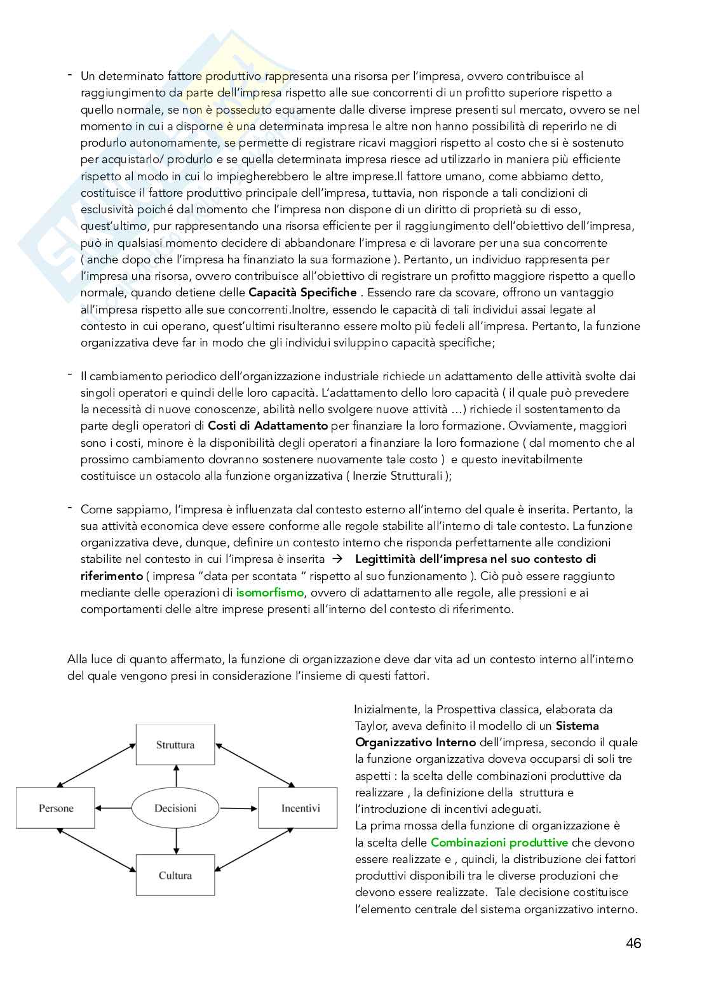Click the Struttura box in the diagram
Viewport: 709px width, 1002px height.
175,745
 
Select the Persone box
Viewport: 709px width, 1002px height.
56,808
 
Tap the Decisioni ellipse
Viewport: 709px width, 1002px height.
175,808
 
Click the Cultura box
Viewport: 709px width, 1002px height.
175,875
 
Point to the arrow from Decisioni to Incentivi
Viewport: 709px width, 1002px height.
238,808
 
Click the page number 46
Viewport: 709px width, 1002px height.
633,944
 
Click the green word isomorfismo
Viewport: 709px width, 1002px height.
270,593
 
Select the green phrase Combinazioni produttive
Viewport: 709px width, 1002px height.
499,843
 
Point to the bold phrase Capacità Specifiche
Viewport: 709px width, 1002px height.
302,293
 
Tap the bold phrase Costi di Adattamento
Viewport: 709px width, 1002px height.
267,426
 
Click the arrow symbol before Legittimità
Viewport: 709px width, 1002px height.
337,559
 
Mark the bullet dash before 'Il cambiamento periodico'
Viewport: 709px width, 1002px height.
69,374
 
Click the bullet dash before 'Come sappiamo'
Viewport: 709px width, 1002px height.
69,508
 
